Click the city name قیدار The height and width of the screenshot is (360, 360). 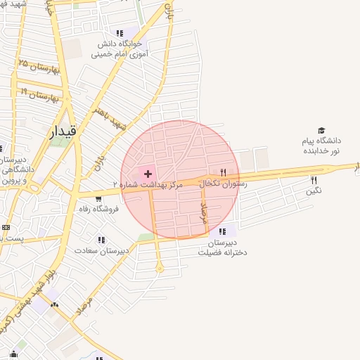pos(63,131)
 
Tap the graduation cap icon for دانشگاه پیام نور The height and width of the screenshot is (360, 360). pos(321,131)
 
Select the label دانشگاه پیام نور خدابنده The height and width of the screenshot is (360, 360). pos(321,146)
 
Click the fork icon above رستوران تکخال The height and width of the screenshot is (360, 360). pos(224,172)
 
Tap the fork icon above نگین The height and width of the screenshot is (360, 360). pos(314,180)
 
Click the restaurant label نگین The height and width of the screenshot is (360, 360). pos(314,191)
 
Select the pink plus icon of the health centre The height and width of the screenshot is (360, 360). pos(148,173)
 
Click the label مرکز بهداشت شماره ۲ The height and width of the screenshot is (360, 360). pos(148,184)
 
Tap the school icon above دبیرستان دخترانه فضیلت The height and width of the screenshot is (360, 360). pos(223,231)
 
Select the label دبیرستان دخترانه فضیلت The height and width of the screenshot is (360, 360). pos(222,247)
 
